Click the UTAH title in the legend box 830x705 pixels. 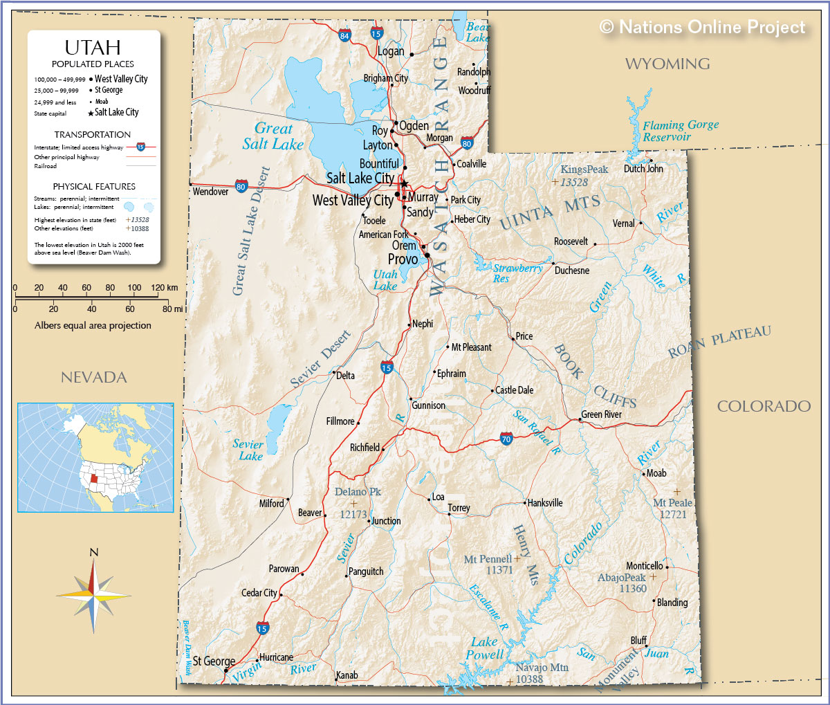point(93,48)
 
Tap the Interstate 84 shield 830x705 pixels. point(344,35)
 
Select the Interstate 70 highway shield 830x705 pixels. point(506,439)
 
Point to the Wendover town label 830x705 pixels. point(210,192)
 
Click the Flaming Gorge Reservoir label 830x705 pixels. point(680,131)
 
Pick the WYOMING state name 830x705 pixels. point(667,64)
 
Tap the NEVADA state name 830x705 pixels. point(94,377)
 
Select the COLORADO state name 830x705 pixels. point(764,406)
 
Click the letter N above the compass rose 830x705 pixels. point(94,552)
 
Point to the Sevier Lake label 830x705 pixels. point(248,450)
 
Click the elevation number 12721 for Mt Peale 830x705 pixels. point(673,514)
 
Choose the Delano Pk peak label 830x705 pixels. point(358,492)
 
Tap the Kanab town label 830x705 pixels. point(347,675)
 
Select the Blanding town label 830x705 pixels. point(672,603)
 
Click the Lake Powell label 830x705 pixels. point(484,648)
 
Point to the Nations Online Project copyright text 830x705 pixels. point(703,27)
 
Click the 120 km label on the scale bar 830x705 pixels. point(164,288)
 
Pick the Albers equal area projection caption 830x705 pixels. point(93,325)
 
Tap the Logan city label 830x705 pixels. point(391,51)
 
